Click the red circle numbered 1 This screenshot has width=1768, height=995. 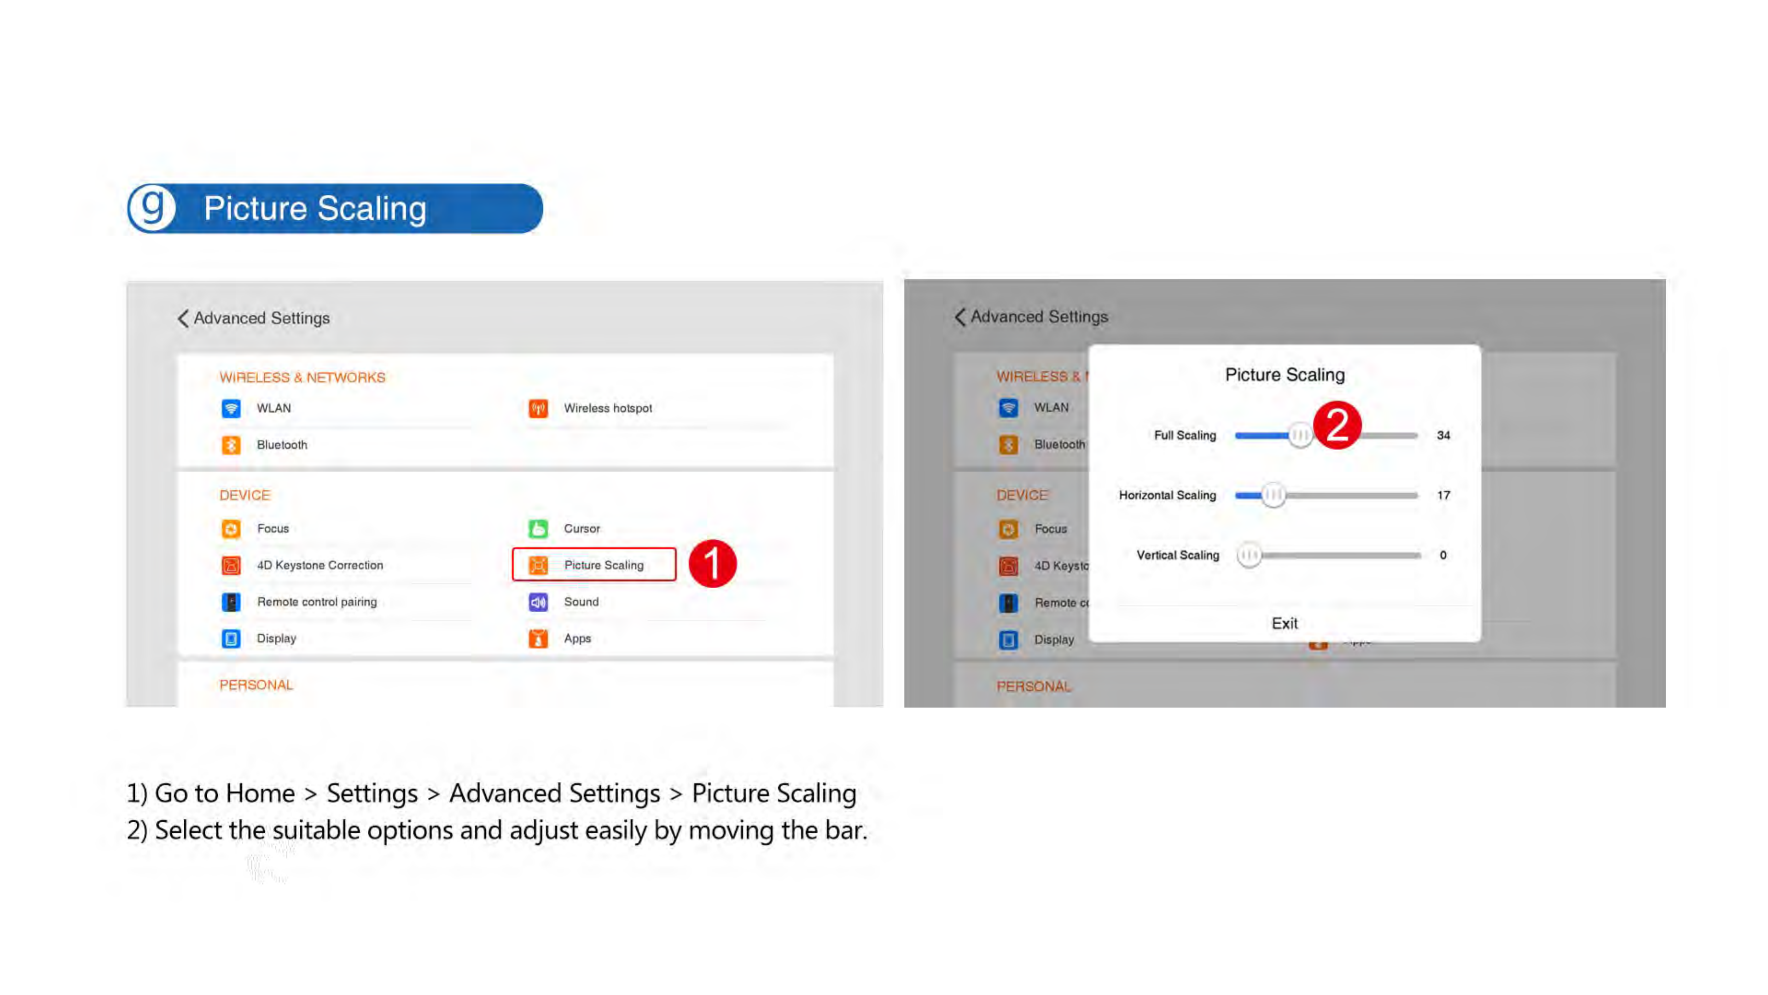click(x=712, y=564)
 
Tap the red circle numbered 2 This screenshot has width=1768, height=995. click(x=1337, y=425)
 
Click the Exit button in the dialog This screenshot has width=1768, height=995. click(x=1284, y=624)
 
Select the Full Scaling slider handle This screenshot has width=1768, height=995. click(x=1299, y=435)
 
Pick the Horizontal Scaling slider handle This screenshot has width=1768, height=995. click(x=1273, y=495)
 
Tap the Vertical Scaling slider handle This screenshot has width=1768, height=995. click(x=1249, y=555)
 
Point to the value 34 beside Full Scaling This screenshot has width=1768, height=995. click(x=1443, y=435)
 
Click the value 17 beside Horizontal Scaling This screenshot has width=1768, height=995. click(x=1443, y=495)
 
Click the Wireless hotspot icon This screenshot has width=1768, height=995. click(x=538, y=409)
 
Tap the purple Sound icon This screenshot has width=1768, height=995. click(x=538, y=602)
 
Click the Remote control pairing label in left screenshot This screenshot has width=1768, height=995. click(x=317, y=602)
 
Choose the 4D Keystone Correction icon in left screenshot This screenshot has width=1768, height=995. click(x=231, y=565)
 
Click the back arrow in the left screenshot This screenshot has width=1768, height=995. click(x=183, y=318)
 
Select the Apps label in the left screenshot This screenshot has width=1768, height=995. click(x=577, y=638)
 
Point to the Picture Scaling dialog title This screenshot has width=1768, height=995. click(x=1285, y=375)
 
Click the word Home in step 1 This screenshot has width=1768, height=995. click(x=260, y=794)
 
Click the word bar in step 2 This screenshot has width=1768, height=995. click(x=846, y=831)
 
